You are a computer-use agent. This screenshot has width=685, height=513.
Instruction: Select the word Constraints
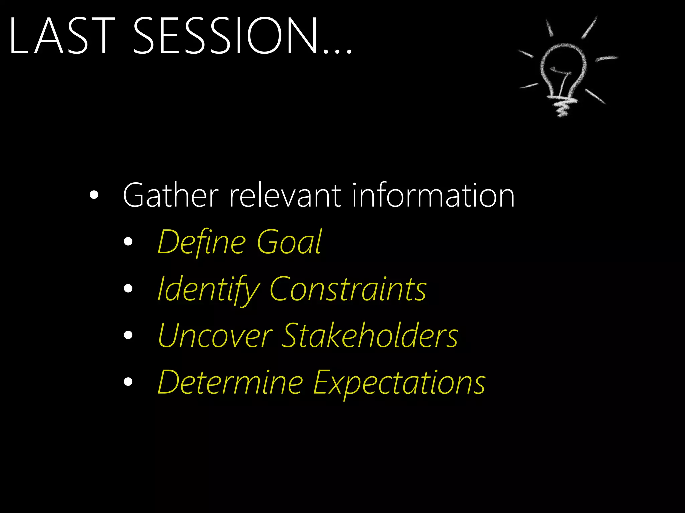pos(348,289)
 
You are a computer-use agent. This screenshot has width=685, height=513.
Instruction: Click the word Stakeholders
pos(370,336)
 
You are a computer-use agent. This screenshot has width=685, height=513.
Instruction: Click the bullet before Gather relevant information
pos(94,195)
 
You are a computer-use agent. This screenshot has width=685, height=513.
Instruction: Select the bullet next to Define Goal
pos(128,242)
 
